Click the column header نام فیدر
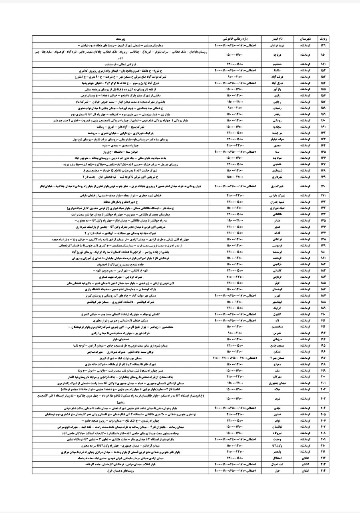(280, 39)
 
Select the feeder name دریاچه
(280, 55)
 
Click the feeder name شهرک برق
(280, 186)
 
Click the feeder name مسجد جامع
(280, 345)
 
